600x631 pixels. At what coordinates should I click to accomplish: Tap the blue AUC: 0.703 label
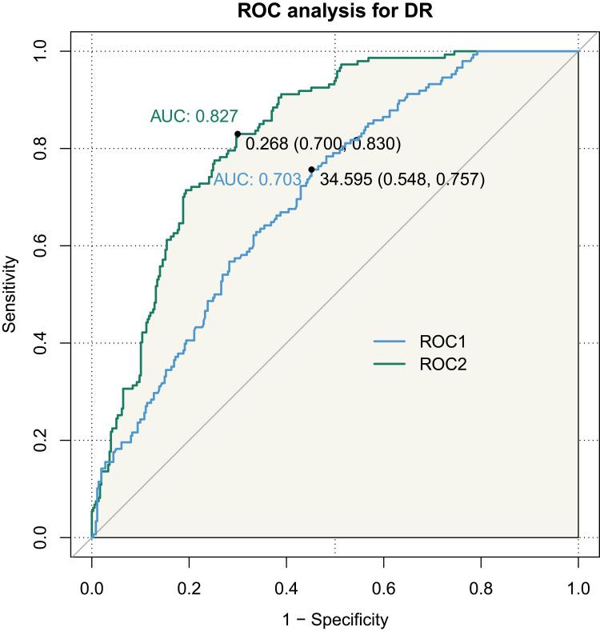(x=257, y=181)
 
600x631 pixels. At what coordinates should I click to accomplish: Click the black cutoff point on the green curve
(x=238, y=134)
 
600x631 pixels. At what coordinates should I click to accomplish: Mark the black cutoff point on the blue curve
(x=311, y=170)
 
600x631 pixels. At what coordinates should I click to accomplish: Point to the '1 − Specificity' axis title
(x=335, y=618)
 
